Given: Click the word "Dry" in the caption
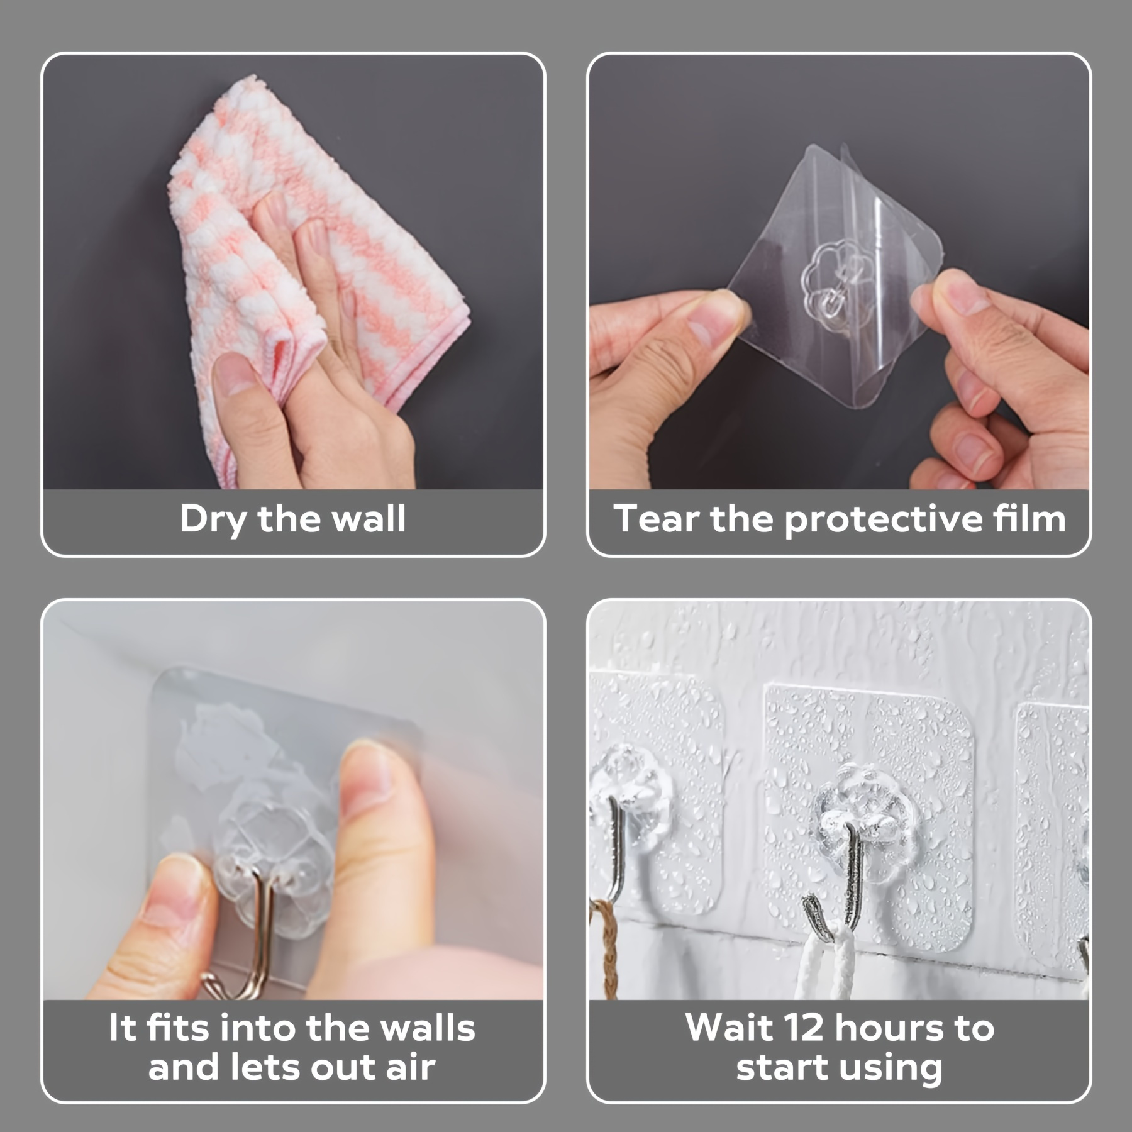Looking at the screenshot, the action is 214,520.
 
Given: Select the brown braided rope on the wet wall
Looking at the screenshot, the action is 606,950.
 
